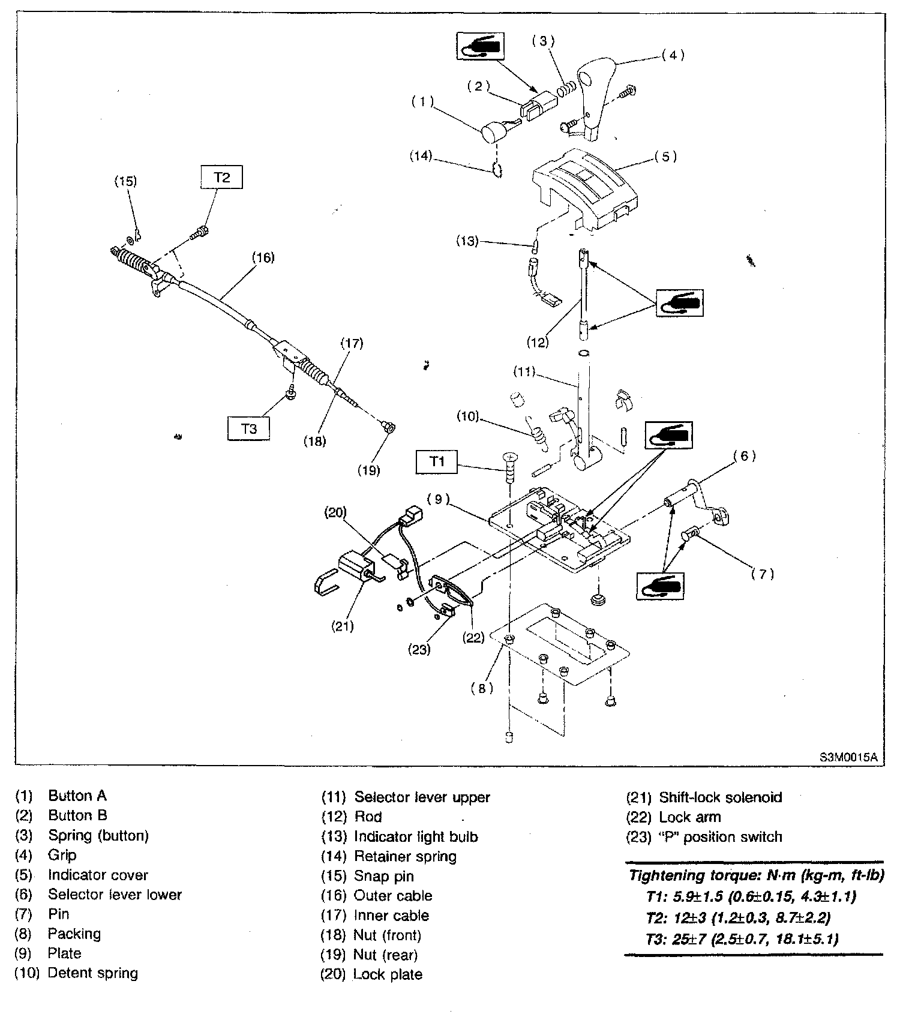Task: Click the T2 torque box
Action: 221,178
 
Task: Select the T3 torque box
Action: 248,428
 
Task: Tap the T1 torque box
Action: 437,461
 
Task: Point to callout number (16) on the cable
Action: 263,257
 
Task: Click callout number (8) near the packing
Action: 482,688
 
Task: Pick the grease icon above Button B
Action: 481,46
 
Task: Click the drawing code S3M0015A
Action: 848,757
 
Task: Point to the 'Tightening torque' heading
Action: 756,875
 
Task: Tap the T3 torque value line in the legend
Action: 742,938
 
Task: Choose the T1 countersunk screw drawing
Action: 509,466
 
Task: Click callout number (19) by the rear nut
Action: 369,470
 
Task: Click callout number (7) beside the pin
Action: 762,574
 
